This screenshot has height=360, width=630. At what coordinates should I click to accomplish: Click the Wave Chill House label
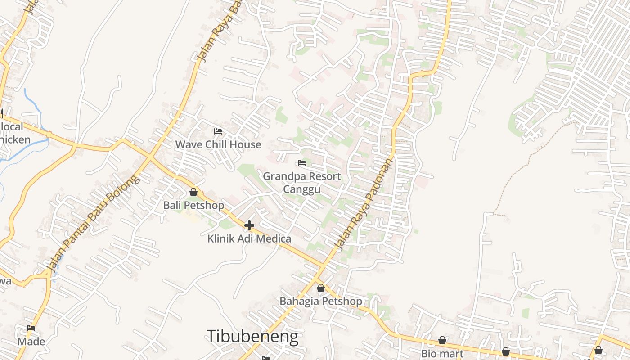point(218,144)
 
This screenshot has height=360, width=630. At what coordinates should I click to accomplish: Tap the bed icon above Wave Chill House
point(218,131)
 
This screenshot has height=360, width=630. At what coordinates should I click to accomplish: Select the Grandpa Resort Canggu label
point(302,182)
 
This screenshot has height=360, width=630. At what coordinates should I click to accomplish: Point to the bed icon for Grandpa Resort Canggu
point(302,163)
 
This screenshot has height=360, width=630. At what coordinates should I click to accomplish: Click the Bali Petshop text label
point(193,206)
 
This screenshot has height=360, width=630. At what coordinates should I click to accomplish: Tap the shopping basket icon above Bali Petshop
point(193,193)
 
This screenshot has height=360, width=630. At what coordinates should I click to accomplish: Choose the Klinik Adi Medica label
point(249,238)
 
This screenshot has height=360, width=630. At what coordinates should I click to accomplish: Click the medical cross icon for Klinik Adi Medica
point(249,225)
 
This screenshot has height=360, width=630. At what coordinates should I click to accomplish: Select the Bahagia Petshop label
point(321,301)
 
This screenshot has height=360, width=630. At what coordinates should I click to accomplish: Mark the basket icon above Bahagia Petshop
point(321,288)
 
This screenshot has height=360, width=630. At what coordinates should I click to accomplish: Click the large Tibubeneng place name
point(252,337)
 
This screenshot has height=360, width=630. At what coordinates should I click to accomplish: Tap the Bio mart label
point(442,353)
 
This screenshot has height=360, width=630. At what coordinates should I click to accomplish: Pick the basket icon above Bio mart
point(442,341)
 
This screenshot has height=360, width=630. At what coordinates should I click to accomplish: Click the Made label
point(31,342)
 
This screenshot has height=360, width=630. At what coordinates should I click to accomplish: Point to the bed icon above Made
point(31,328)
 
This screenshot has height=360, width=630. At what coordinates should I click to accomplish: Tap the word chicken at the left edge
point(15,139)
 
